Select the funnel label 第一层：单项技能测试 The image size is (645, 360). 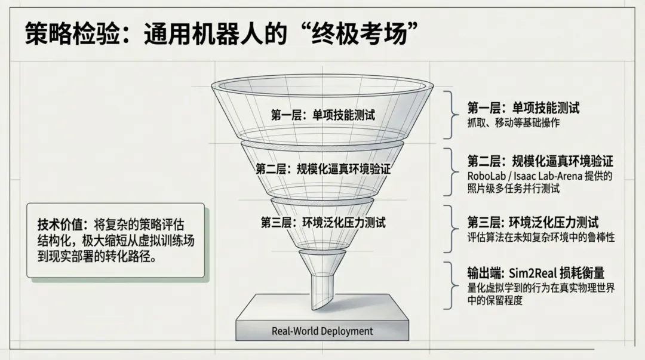[323, 115]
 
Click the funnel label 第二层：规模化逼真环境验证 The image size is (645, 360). [323, 169]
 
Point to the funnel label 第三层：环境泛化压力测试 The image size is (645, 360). [323, 223]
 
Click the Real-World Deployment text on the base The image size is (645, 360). [322, 331]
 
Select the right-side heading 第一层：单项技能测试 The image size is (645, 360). [523, 108]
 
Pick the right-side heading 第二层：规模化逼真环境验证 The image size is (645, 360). [540, 161]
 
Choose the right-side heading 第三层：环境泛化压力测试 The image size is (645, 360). [533, 223]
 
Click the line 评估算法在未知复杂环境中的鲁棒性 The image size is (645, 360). [541, 237]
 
